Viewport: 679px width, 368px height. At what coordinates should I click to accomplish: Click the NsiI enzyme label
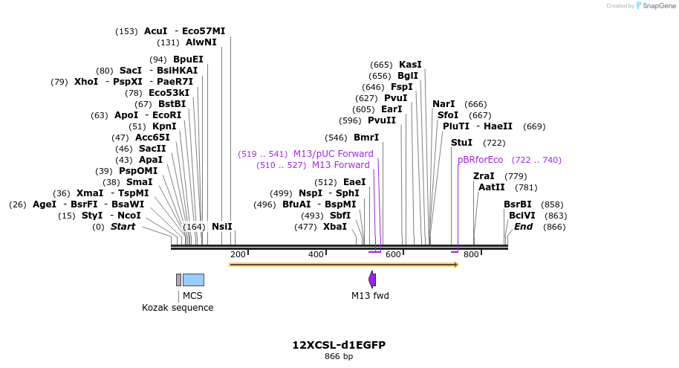pos(221,227)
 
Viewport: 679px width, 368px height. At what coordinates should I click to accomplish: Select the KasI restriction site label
pos(410,65)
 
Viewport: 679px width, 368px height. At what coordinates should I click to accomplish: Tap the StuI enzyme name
pos(461,143)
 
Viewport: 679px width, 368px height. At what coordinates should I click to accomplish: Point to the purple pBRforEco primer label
pos(480,160)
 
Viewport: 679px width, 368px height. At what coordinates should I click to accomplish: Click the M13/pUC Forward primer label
pos(333,154)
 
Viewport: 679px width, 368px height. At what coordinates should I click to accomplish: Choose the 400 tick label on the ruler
pos(316,255)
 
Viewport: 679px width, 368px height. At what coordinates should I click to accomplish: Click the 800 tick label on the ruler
pos(471,255)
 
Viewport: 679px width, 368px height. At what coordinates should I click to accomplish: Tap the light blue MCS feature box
pos(193,280)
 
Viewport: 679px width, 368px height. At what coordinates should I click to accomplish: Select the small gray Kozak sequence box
pos(178,280)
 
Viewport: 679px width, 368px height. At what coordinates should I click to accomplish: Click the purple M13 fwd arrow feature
pos(372,280)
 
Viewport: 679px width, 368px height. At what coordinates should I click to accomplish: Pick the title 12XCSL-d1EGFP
pos(339,345)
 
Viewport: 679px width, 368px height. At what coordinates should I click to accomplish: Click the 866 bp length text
pos(339,357)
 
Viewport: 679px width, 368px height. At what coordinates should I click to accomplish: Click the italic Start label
pos(123,227)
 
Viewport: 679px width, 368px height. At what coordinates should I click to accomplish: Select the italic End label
pos(523,227)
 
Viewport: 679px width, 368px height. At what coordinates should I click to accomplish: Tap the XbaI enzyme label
pos(334,227)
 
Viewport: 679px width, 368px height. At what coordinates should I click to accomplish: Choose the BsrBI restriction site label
pos(518,204)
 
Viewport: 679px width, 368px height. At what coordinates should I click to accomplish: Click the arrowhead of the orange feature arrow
pos(455,265)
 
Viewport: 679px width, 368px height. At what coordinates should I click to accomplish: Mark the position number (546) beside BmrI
pos(336,138)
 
